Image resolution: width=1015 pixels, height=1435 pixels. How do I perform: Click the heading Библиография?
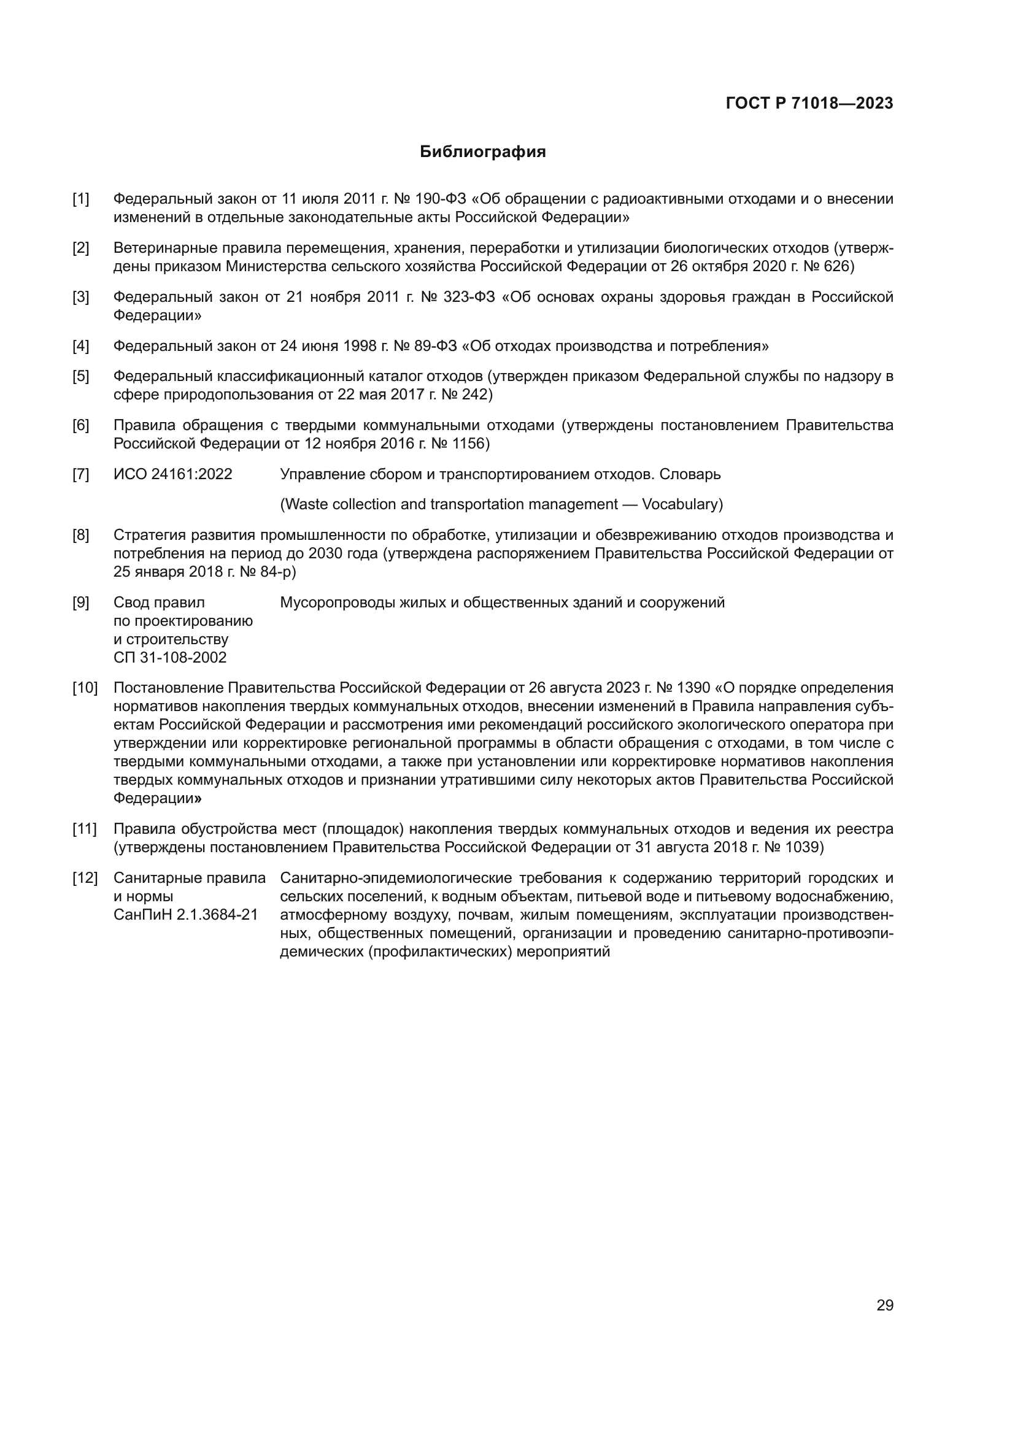[482, 152]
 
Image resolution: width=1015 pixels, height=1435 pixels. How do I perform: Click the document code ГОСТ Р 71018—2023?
[809, 104]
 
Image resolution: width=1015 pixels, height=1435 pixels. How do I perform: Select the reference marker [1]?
[80, 199]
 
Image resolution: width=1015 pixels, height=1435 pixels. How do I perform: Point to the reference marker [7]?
[80, 474]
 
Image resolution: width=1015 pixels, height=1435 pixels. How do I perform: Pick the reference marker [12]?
[85, 878]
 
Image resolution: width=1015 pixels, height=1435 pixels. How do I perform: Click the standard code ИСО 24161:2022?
[172, 474]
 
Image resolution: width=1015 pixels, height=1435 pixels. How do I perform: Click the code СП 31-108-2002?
[170, 658]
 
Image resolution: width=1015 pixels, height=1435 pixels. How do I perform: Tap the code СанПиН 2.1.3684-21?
[185, 915]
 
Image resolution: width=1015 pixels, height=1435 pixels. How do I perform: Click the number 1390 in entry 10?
[693, 688]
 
